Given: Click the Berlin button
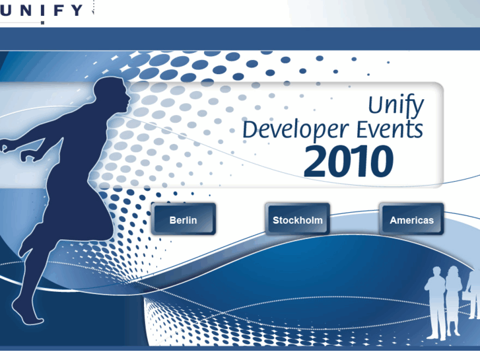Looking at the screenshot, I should coord(183,219).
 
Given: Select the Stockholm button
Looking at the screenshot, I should coord(297,219).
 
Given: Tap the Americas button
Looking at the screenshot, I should coord(411,219).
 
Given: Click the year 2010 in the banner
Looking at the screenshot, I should coord(348,162).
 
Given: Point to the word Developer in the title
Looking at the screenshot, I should coord(291,130).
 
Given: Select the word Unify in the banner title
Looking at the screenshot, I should coord(395,106).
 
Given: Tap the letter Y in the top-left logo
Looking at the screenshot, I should coord(77,10).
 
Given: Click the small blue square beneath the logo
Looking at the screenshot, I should coord(42,22).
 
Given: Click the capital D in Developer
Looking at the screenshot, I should coord(250,129).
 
